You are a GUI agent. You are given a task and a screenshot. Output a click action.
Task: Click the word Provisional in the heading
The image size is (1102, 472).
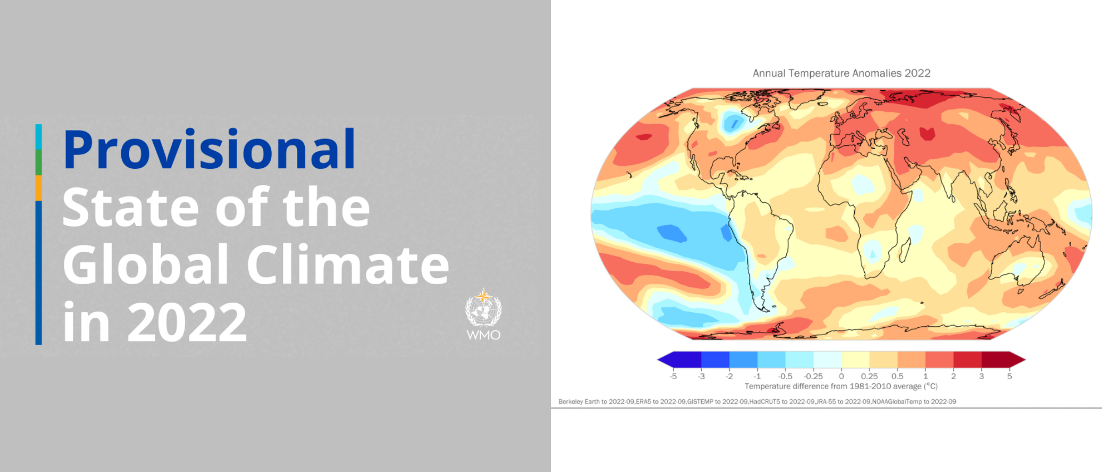pyautogui.click(x=209, y=151)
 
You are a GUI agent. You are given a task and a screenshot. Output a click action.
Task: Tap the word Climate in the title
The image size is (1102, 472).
pyautogui.click(x=348, y=264)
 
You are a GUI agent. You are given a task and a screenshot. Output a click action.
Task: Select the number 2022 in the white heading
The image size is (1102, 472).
pyautogui.click(x=187, y=322)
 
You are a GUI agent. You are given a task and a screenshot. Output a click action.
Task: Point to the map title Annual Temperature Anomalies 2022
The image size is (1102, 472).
pyautogui.click(x=842, y=73)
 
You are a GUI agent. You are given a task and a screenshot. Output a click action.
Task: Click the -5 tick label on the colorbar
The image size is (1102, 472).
pyautogui.click(x=673, y=376)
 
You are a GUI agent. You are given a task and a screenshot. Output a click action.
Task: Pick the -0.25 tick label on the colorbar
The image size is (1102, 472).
pyautogui.click(x=813, y=376)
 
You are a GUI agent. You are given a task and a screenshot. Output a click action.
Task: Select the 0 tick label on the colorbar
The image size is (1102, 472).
pyautogui.click(x=841, y=376)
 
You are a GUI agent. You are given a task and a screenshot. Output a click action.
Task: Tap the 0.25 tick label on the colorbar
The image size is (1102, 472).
pyautogui.click(x=870, y=376)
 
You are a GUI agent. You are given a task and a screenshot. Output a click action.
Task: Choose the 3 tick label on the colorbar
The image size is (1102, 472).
pyautogui.click(x=981, y=376)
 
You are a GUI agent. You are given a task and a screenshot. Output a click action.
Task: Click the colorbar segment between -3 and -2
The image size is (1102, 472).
pyautogui.click(x=715, y=360)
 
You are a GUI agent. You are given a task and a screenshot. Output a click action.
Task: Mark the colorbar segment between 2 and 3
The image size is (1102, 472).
pyautogui.click(x=967, y=360)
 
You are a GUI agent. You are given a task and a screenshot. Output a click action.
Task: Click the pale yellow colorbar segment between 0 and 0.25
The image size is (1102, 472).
pyautogui.click(x=855, y=360)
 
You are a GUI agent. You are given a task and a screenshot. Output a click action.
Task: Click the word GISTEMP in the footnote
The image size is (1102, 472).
pyautogui.click(x=701, y=402)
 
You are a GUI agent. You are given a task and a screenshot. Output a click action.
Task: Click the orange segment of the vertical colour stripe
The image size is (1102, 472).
pyautogui.click(x=38, y=188)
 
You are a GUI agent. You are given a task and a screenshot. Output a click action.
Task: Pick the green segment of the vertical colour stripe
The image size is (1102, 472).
pyautogui.click(x=38, y=163)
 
